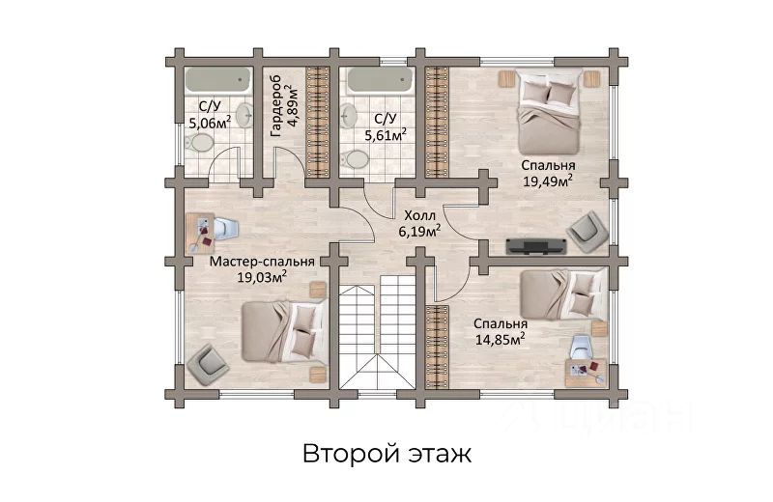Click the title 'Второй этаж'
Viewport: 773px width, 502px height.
point(387,454)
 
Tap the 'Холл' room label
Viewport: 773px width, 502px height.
point(420,215)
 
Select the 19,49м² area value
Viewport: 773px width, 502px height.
point(548,181)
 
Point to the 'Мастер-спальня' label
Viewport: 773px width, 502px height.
point(262,261)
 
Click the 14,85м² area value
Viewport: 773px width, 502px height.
point(500,339)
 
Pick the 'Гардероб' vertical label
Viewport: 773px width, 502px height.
point(276,106)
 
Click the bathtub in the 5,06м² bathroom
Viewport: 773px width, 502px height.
point(217,81)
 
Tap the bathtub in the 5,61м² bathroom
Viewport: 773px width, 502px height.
point(380,81)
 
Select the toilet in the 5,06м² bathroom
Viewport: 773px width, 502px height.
point(199,143)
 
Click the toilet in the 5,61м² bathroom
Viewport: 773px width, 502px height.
point(355,159)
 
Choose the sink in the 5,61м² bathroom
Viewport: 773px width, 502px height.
point(349,116)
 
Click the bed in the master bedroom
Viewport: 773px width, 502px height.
point(284,332)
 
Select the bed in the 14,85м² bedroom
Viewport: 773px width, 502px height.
point(564,295)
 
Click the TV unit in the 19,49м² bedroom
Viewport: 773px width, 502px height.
point(536,246)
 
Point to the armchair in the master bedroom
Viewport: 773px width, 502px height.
point(207,365)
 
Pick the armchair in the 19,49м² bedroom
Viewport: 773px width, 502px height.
point(587,232)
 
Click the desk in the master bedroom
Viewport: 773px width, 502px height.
point(200,234)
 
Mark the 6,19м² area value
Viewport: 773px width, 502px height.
point(419,231)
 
